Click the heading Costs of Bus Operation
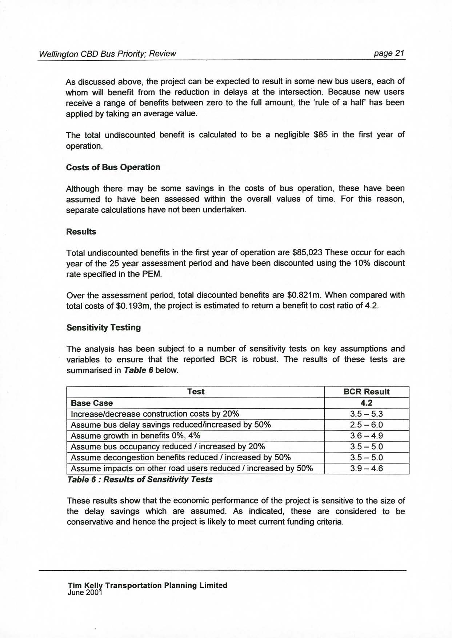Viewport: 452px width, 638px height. pos(113,167)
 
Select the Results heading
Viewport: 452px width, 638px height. pos(81,232)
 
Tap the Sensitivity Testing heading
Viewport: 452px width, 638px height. pos(104,328)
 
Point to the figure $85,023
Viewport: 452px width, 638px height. pos(308,253)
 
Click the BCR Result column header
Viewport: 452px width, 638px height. pos(366,392)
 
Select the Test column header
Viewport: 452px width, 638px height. pos(196,392)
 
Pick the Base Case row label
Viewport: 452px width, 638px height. pos(92,403)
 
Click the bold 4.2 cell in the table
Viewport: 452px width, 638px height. pos(366,403)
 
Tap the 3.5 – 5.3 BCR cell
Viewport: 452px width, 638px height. pos(366,414)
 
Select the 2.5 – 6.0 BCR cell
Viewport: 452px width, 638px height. pos(366,425)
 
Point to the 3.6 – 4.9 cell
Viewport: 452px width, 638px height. pos(366,436)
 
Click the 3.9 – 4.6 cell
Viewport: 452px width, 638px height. pos(366,469)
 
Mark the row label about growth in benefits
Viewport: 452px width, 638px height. pos(135,436)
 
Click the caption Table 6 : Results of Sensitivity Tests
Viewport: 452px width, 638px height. pos(140,479)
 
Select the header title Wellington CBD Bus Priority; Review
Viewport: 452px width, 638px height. pos(107,54)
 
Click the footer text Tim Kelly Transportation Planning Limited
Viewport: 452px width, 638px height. pos(147,585)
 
